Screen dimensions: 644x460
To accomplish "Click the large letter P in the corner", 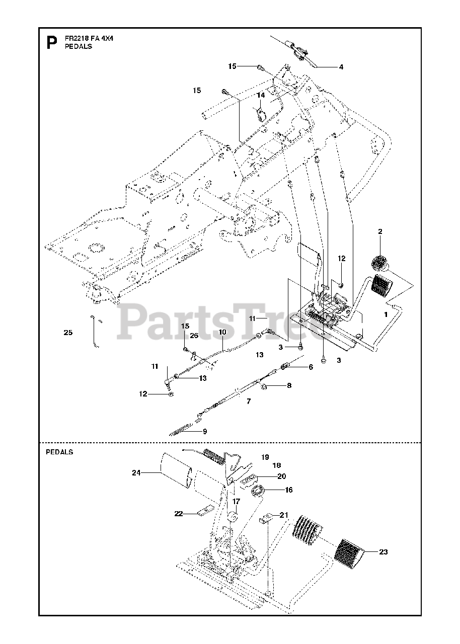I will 51,43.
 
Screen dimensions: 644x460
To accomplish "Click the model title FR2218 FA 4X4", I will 88,38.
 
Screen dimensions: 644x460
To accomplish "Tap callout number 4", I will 341,66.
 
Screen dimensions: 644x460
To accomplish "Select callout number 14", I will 261,95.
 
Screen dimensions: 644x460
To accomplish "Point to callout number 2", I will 380,231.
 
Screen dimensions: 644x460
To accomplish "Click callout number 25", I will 68,333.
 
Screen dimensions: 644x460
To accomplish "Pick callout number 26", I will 194,335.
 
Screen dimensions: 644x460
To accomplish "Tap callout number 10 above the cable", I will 222,332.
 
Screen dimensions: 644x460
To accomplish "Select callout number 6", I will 311,367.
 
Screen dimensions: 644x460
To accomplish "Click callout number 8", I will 288,386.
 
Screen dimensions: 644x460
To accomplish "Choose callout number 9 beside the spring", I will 204,431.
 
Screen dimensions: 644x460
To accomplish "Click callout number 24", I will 136,472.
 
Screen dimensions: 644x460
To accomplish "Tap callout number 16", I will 288,490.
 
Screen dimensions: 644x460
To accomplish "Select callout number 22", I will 178,514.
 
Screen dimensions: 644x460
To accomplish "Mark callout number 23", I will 383,552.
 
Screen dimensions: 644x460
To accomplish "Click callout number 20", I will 281,476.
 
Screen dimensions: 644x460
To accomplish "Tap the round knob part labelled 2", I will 380,263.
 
